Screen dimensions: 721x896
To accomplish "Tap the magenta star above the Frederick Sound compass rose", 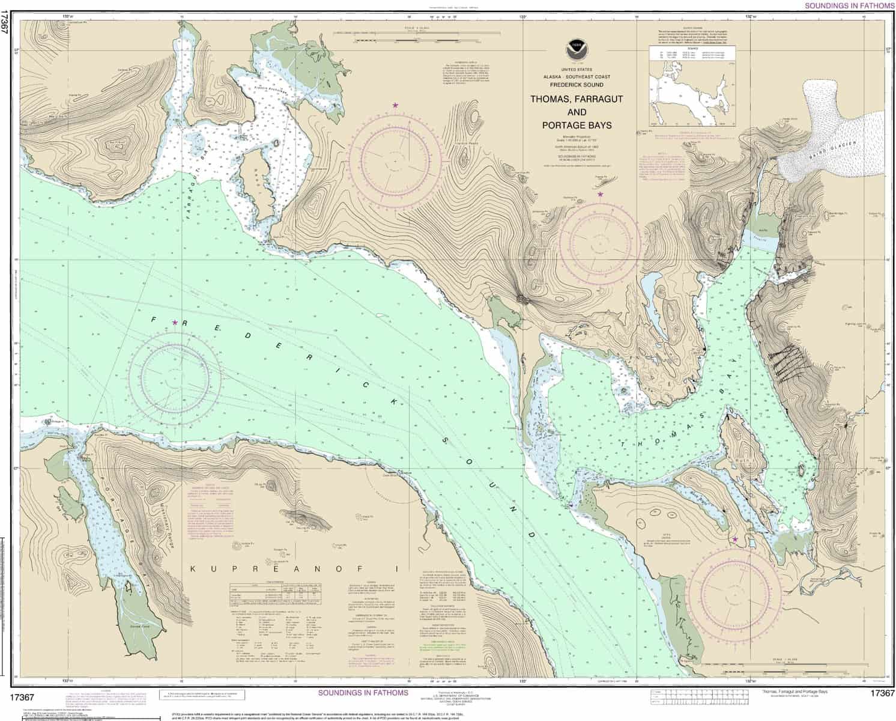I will tap(175, 323).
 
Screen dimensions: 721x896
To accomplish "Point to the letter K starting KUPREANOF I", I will tap(193, 568).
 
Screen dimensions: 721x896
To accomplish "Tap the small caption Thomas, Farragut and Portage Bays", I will tap(794, 692).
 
